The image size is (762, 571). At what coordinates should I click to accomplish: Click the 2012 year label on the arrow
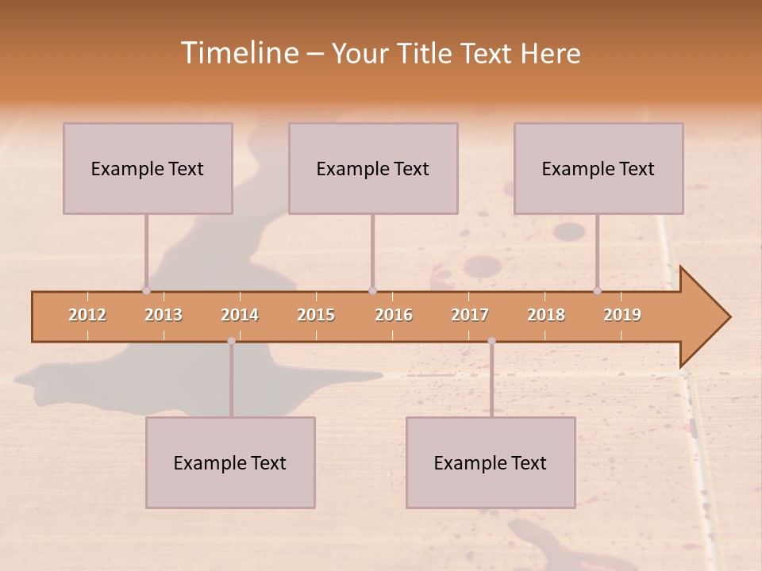[87, 315]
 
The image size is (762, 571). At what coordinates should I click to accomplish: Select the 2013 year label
[164, 315]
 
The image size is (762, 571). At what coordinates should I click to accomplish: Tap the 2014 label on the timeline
[240, 315]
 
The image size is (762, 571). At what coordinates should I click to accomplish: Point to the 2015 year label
[316, 315]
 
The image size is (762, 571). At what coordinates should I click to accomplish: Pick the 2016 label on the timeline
[394, 315]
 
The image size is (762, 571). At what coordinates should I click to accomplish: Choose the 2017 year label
[470, 315]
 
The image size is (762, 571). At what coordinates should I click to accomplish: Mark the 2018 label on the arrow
[546, 315]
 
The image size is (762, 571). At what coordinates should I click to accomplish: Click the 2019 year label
[622, 315]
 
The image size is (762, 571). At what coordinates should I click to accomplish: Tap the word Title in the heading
[427, 54]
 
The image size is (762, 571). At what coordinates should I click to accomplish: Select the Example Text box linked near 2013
[148, 168]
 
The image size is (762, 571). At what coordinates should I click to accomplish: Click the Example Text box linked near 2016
[373, 168]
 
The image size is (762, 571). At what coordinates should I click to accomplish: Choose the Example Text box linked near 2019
[598, 168]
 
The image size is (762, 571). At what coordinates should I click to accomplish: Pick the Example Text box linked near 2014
[230, 462]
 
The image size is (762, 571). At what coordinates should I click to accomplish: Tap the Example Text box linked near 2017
[491, 462]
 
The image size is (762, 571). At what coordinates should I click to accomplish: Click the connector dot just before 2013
[146, 290]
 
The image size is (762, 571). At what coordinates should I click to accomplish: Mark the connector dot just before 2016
[372, 290]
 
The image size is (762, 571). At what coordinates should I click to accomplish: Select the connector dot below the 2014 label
[231, 341]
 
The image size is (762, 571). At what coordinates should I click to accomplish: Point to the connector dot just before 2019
[598, 290]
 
